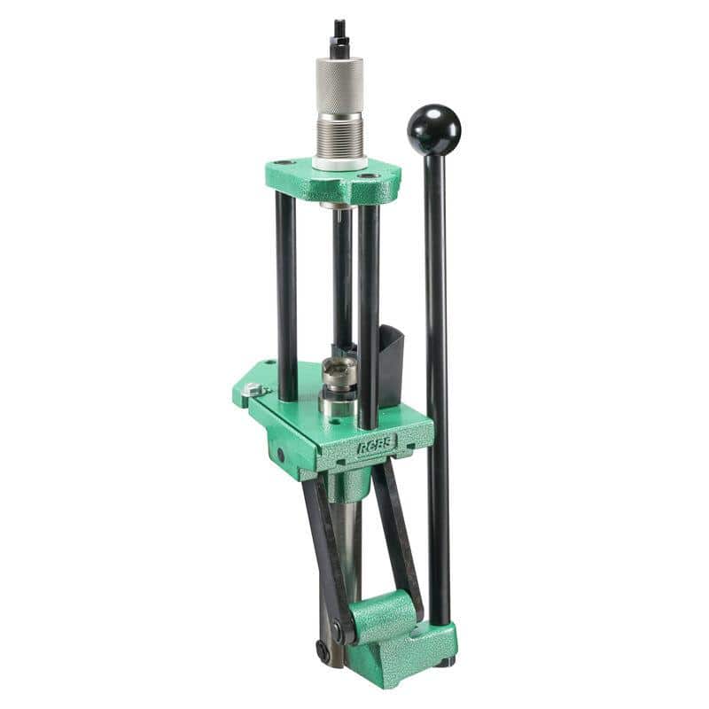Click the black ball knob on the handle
[433, 129]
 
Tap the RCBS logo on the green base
[376, 445]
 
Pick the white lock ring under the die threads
[340, 164]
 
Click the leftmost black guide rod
[285, 292]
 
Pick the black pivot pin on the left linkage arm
[338, 631]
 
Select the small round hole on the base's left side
[280, 454]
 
